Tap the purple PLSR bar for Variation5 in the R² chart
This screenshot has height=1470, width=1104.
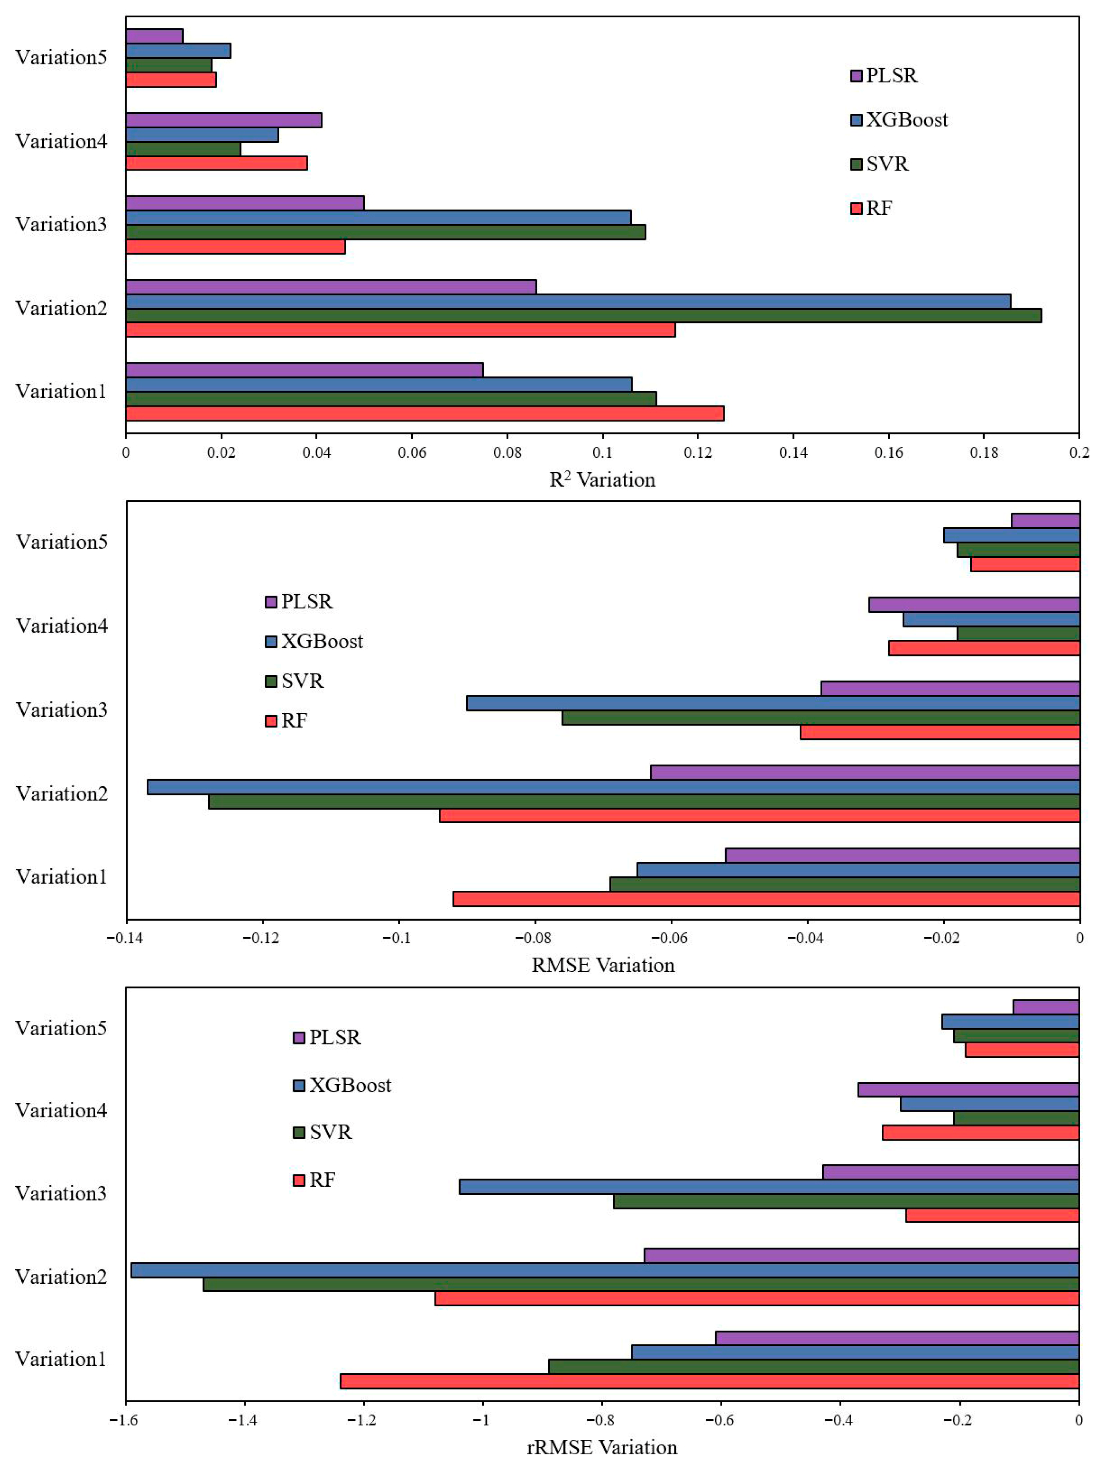click(x=154, y=36)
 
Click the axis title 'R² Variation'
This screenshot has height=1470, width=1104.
click(x=602, y=480)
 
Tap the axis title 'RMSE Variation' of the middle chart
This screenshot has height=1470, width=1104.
click(x=602, y=965)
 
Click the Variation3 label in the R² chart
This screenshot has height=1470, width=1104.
click(x=61, y=224)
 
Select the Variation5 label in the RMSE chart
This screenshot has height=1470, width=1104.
click(x=62, y=542)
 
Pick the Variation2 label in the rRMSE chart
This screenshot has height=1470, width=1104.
click(x=61, y=1277)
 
